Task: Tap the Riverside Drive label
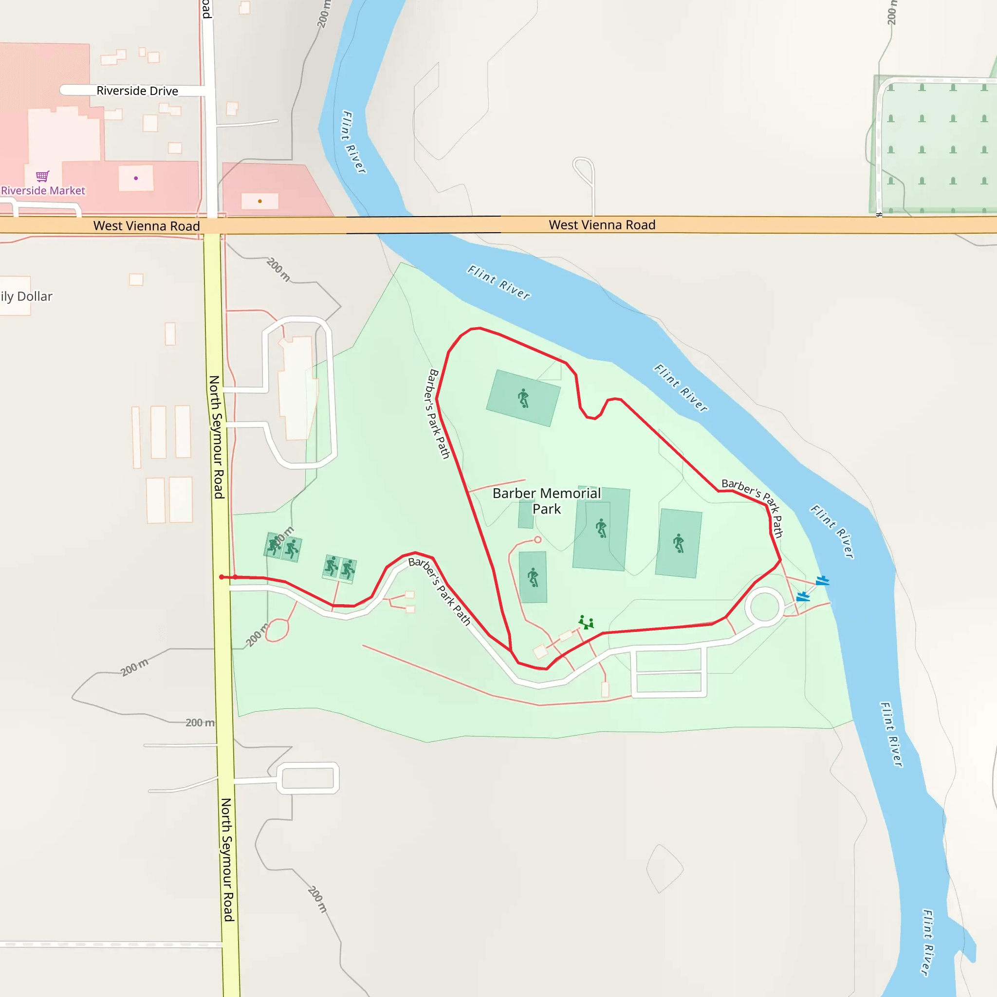click(x=137, y=91)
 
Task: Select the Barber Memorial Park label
click(x=547, y=501)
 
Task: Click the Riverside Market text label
click(x=43, y=191)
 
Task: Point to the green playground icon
click(x=586, y=622)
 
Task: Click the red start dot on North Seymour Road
click(x=222, y=577)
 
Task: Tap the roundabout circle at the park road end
click(x=764, y=607)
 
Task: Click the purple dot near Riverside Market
click(x=136, y=178)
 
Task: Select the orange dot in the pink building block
click(x=259, y=201)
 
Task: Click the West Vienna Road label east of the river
click(x=602, y=225)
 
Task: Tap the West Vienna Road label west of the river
click(x=147, y=226)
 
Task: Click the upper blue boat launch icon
click(x=822, y=581)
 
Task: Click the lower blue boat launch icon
click(x=803, y=597)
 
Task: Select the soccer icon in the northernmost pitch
click(x=523, y=398)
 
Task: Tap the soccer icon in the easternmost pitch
click(x=679, y=543)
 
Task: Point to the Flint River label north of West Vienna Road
click(x=354, y=142)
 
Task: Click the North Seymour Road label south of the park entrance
click(x=227, y=859)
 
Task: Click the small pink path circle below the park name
click(x=538, y=540)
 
